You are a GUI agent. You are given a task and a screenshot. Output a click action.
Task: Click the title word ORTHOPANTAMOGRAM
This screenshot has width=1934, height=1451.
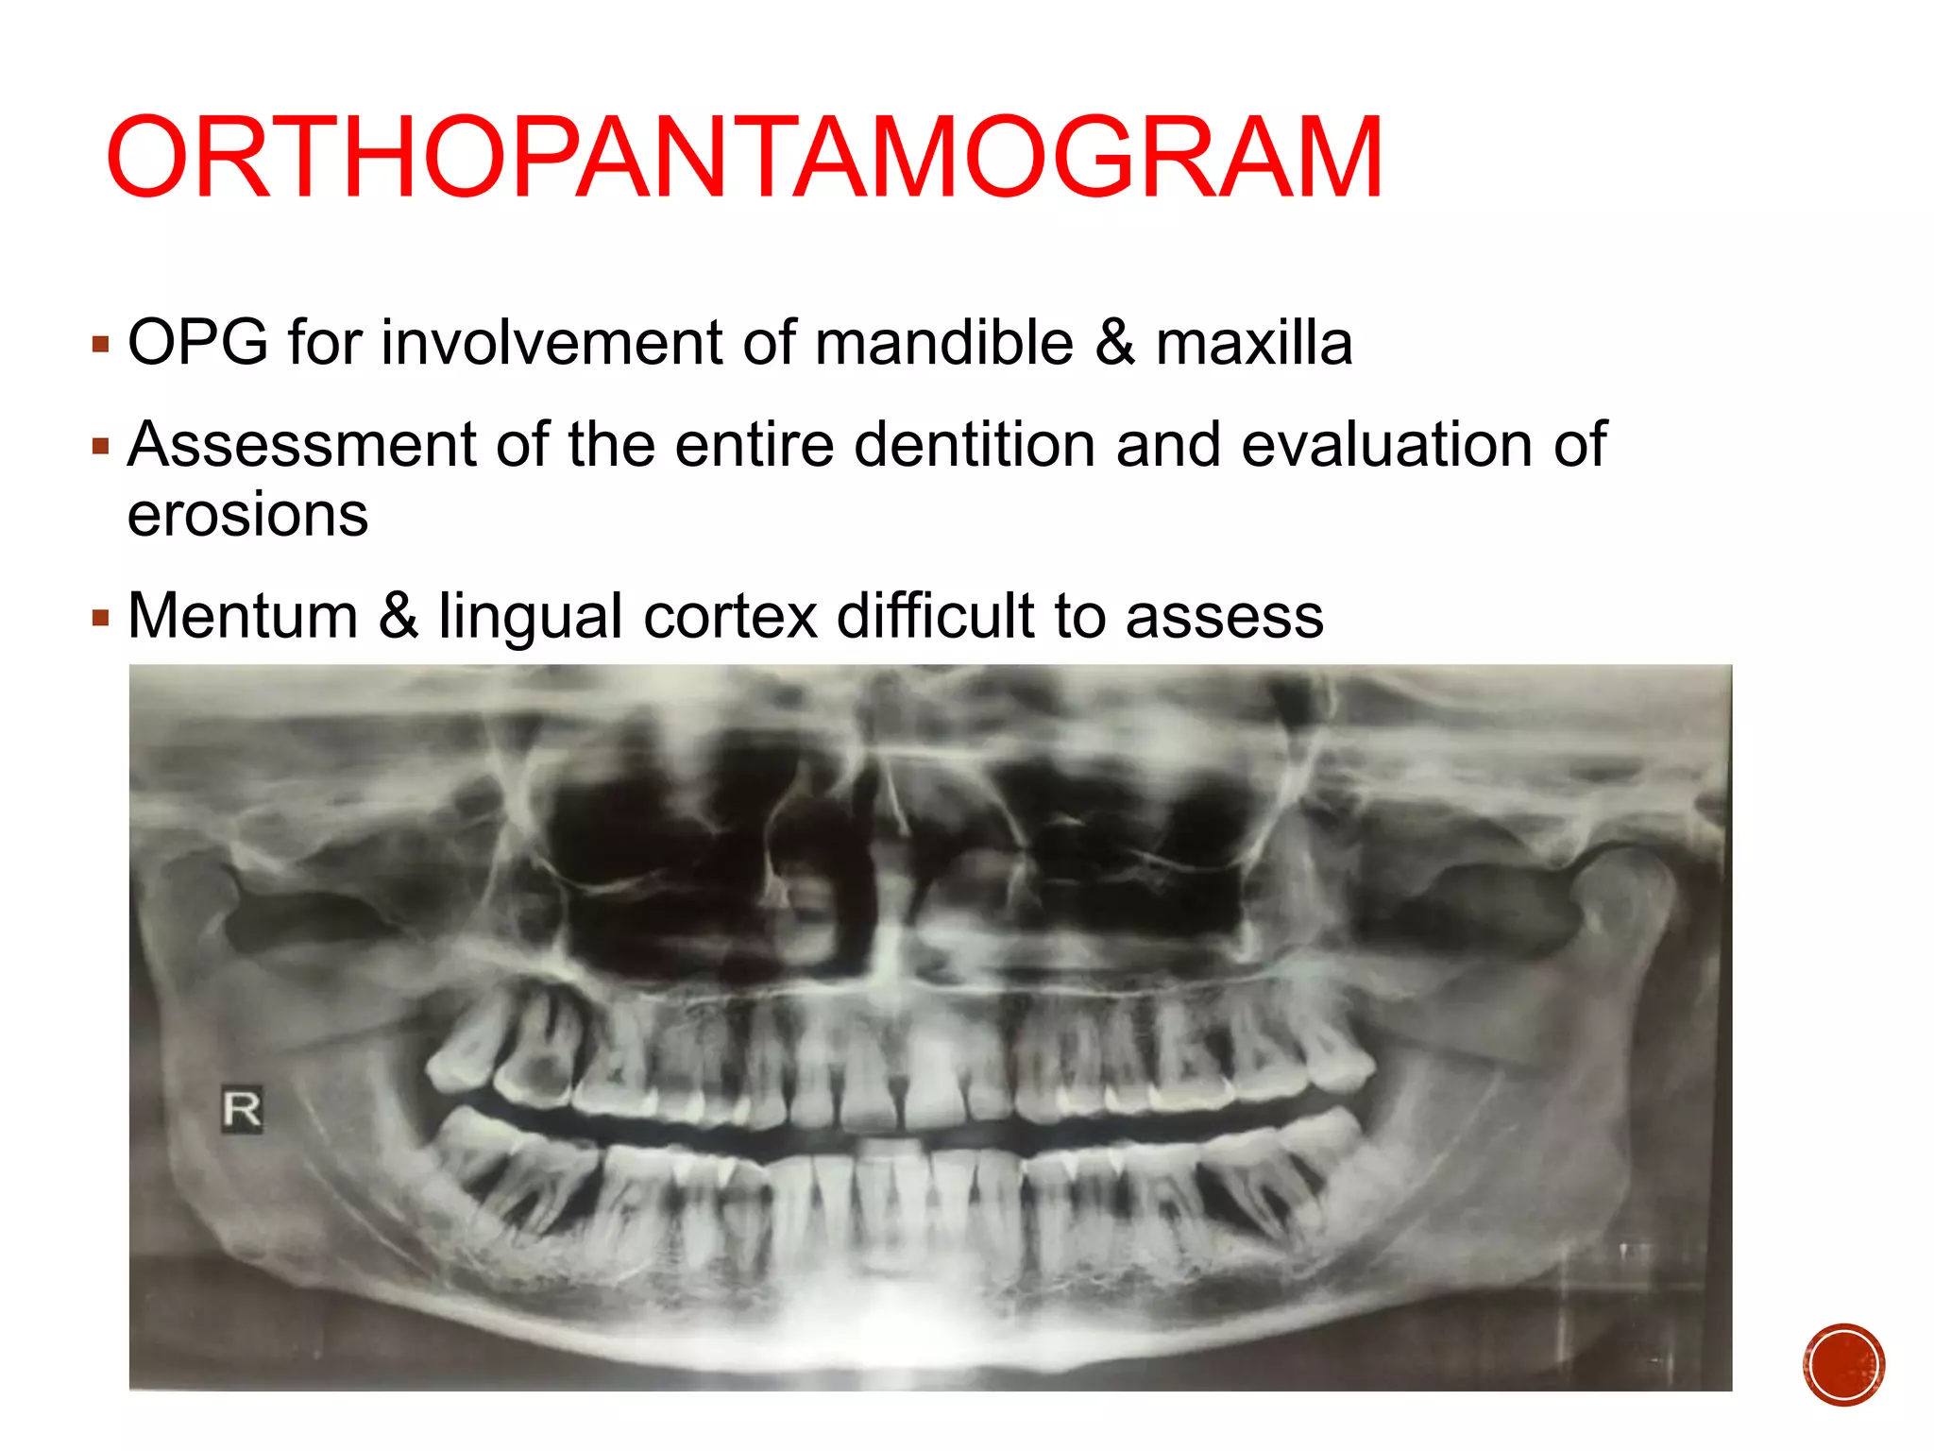coord(744,159)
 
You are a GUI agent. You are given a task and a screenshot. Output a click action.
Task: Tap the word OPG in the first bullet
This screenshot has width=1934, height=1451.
coord(197,342)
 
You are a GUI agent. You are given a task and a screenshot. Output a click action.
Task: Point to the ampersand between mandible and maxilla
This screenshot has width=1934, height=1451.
coord(1114,342)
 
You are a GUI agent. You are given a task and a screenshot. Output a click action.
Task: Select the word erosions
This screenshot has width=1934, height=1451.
coord(247,516)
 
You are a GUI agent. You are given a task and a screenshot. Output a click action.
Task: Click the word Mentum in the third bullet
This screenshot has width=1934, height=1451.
coord(243,616)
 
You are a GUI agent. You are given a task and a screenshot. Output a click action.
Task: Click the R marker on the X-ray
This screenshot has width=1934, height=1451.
coord(242,1109)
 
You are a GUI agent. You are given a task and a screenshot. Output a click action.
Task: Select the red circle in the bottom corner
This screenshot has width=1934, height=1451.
coord(1843,1364)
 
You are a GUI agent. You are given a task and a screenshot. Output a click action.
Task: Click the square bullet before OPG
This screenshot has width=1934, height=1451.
coord(101,344)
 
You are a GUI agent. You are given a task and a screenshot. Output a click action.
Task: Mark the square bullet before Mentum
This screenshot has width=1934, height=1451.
coord(101,619)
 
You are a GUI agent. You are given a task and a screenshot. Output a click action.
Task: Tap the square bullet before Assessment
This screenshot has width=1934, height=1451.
coord(101,446)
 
